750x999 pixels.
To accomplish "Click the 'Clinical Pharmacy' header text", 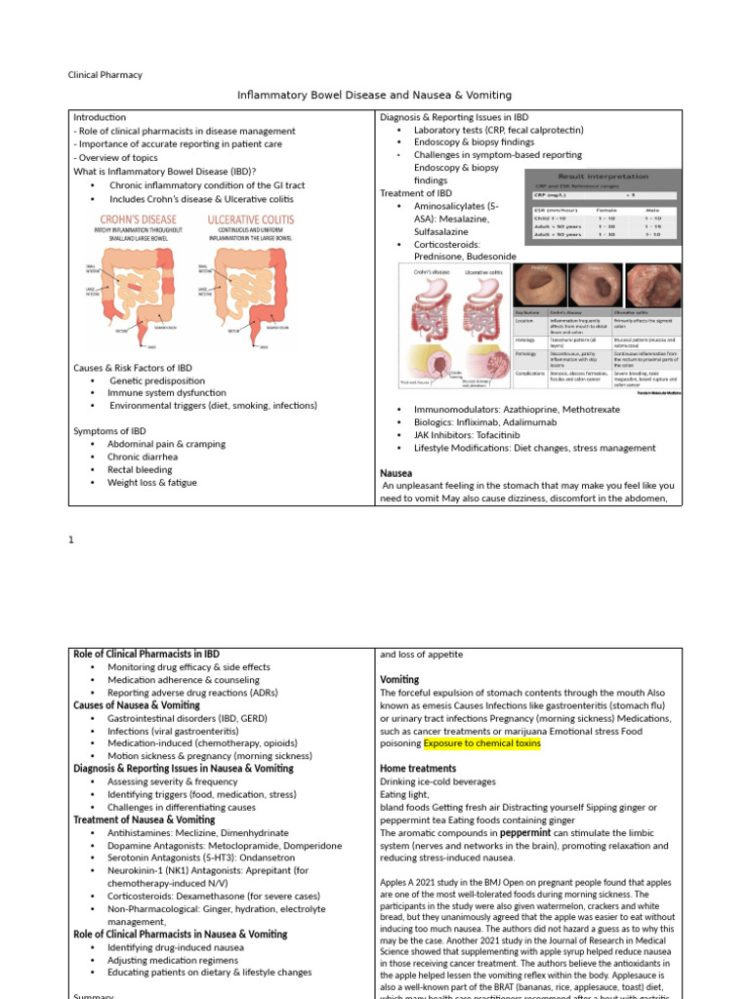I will click(104, 74).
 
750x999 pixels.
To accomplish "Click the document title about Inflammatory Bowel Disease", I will click(375, 96).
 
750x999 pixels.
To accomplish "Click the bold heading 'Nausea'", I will click(396, 472).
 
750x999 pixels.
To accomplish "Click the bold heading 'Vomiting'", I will click(399, 679).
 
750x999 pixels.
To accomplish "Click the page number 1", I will click(71, 539).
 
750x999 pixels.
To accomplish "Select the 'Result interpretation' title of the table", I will click(599, 176).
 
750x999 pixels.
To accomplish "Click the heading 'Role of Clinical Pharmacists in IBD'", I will click(146, 654).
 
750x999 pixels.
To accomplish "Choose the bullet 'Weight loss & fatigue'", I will click(152, 483).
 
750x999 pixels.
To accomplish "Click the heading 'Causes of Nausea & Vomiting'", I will click(137, 704).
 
